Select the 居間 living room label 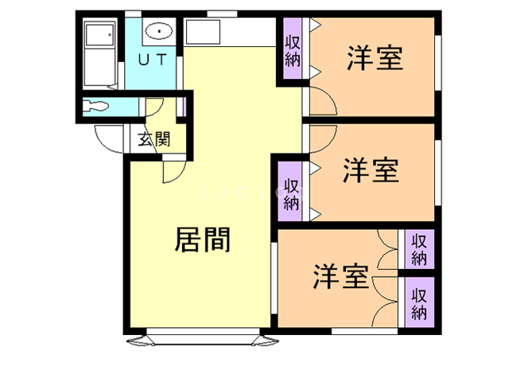(202, 239)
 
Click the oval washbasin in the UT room (159, 32)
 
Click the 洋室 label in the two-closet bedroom (340, 277)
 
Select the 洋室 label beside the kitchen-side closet (374, 58)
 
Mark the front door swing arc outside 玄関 (107, 137)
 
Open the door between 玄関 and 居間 (172, 170)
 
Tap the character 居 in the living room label (188, 239)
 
